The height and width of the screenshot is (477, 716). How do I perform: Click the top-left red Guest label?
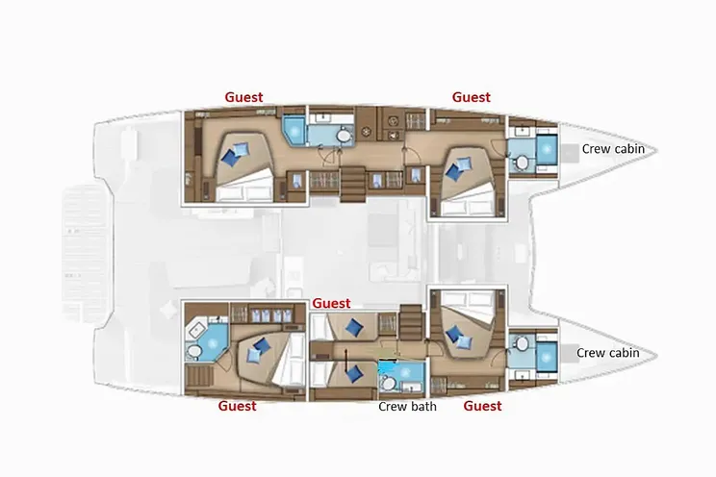click(x=243, y=96)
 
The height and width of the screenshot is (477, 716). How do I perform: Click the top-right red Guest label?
click(x=472, y=96)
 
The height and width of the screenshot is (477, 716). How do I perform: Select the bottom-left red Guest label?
click(x=237, y=406)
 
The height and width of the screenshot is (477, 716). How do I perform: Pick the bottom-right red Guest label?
click(x=482, y=406)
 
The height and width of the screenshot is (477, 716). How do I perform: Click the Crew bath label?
click(x=407, y=406)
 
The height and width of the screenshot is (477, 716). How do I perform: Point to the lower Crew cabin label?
click(x=608, y=353)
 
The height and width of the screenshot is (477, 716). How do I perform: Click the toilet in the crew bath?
click(x=388, y=383)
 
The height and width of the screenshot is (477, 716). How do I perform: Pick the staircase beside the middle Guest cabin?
click(x=408, y=318)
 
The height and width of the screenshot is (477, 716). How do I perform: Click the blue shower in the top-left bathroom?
click(x=292, y=129)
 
